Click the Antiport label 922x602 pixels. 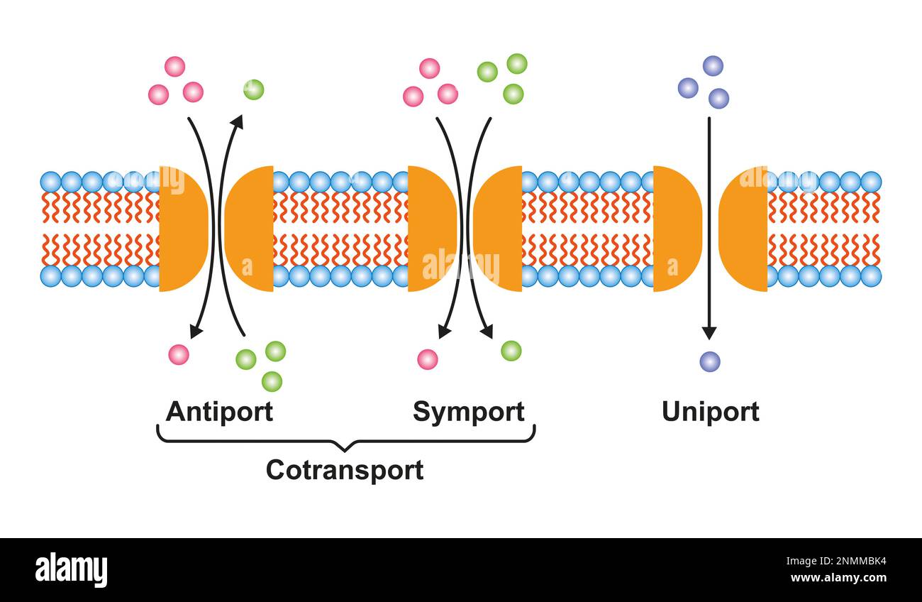219,412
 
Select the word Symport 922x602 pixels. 468,412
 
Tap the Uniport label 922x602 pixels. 711,412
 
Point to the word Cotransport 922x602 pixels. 345,470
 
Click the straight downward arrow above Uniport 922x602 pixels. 709,229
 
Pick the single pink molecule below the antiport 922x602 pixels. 179,355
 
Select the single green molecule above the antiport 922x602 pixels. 254,89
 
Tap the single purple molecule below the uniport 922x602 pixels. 710,362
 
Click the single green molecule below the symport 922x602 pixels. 511,351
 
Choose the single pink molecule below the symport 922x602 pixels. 428,359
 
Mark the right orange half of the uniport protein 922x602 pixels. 743,229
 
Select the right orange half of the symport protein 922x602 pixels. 498,229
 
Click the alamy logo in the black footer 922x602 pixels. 71,570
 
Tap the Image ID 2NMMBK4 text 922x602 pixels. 836,561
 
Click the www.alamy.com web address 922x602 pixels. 838,578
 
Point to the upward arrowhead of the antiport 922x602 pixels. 238,122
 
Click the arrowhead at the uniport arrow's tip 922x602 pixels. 709,334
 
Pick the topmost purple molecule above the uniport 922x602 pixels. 713,66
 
